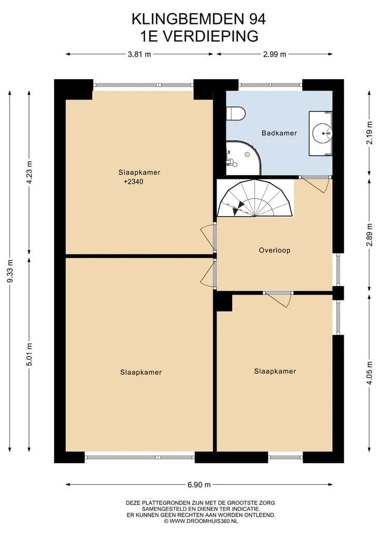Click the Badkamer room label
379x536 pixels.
click(279, 133)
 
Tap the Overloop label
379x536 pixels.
click(275, 250)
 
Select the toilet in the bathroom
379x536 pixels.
click(236, 113)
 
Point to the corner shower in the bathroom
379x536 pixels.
click(243, 158)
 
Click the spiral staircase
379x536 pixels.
click(255, 198)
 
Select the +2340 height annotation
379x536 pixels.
click(134, 181)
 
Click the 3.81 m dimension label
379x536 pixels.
click(139, 54)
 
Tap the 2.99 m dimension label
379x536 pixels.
click(275, 54)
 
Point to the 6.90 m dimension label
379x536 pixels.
click(199, 484)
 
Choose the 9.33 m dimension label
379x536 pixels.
click(10, 271)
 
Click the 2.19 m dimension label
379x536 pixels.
click(369, 133)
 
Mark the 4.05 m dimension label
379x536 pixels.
click(369, 373)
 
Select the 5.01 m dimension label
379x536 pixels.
click(29, 354)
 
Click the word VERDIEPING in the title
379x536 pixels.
click(210, 36)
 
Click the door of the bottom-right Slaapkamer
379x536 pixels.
click(278, 300)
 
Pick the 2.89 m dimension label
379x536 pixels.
click(369, 235)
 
